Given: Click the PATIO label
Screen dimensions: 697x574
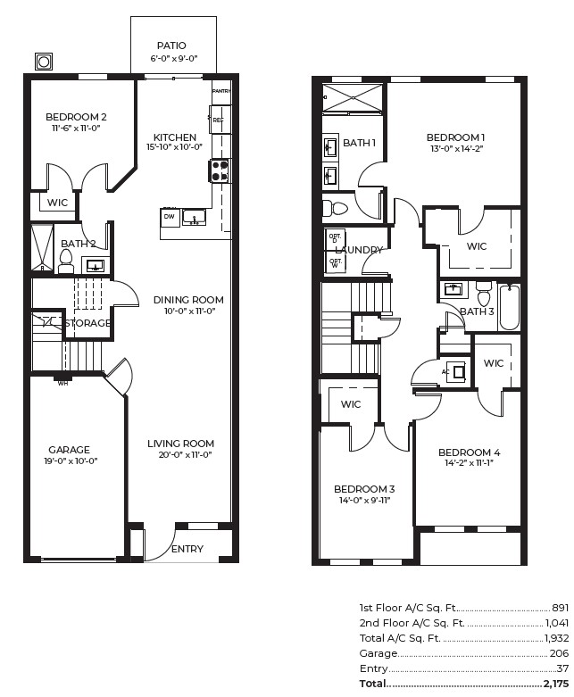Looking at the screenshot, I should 171,46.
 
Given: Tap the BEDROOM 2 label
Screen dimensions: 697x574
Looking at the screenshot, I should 76,117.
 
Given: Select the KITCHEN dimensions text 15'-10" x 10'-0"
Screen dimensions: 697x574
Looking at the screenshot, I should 174,147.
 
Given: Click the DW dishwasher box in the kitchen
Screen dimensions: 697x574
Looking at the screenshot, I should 170,217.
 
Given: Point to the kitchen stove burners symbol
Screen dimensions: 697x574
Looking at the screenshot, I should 219,170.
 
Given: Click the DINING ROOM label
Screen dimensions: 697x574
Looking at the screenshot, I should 187,300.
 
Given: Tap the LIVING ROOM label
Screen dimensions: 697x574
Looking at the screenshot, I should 180,444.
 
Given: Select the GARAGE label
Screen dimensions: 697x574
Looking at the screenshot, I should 69,450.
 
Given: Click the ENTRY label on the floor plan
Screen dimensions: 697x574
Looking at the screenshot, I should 187,549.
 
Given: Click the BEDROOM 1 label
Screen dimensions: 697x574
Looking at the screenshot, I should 455,137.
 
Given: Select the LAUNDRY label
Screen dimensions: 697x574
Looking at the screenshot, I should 359,251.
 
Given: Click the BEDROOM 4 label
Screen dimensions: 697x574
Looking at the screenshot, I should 469,452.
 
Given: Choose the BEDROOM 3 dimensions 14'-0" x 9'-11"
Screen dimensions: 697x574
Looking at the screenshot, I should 364,500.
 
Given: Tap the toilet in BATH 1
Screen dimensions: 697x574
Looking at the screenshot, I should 337,209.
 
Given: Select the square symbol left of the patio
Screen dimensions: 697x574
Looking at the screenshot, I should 43,62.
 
